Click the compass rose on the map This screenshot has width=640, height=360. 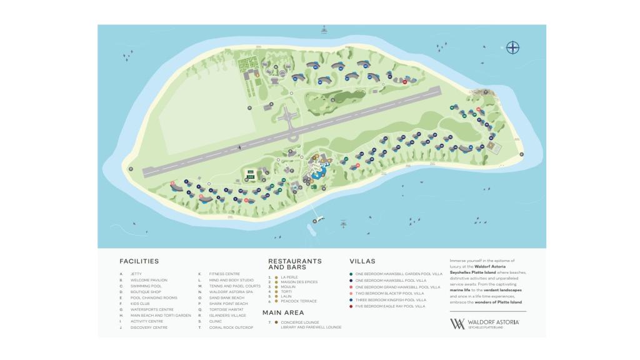click(512, 47)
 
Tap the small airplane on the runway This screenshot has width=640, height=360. click(240, 147)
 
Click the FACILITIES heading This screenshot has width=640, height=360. click(139, 261)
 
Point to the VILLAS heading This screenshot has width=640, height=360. click(362, 261)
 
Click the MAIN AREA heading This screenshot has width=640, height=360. click(283, 312)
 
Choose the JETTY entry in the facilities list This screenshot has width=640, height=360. click(136, 274)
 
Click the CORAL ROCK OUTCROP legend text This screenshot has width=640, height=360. click(231, 327)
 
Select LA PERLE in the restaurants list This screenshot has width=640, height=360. click(289, 277)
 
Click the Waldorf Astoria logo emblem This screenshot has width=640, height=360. click(457, 324)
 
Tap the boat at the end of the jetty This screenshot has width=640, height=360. click(320, 219)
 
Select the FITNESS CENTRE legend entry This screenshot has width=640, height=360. click(224, 274)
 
